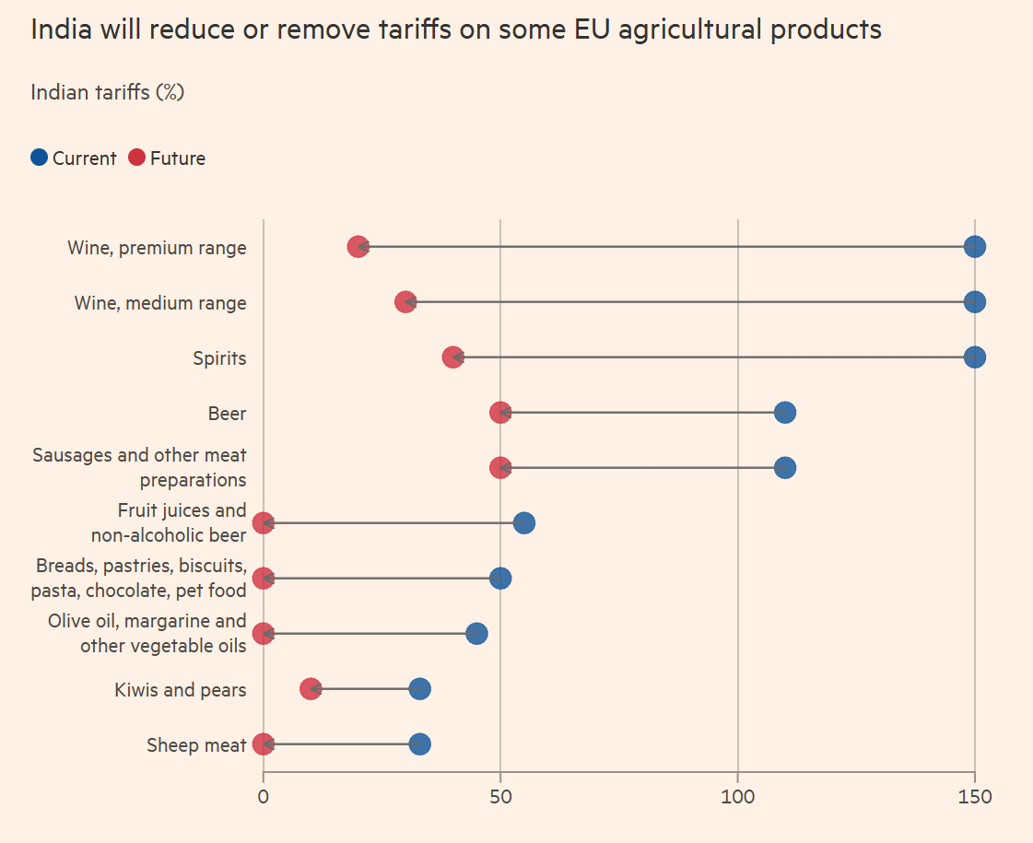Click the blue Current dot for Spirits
coord(974,357)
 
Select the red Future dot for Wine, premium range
coord(358,247)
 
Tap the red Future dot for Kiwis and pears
coord(311,689)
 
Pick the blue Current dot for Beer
coord(784,413)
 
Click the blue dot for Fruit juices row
coord(524,523)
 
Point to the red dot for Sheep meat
coord(263,744)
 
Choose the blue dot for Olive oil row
coord(476,634)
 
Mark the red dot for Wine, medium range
coord(405,302)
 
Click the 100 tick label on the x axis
coord(737,796)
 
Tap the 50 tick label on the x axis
coord(500,796)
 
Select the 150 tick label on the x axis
coord(974,796)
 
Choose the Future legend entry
coord(167,158)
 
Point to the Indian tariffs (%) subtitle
coord(108,92)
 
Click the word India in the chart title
coord(61,29)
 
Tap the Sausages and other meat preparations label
coord(140,467)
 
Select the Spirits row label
coord(219,358)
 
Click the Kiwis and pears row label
coord(181,690)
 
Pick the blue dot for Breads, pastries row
coord(500,579)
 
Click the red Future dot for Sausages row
coord(500,468)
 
